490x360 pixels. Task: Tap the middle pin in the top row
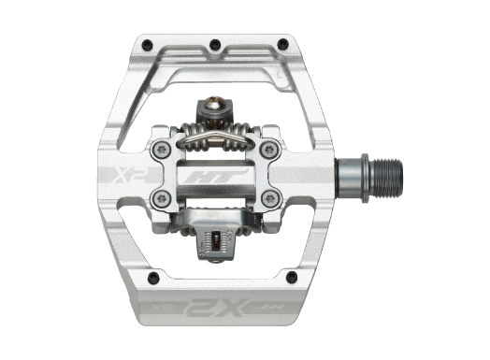click(x=215, y=43)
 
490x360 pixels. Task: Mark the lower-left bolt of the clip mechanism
click(x=162, y=198)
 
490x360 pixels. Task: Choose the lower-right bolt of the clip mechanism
click(x=270, y=198)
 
